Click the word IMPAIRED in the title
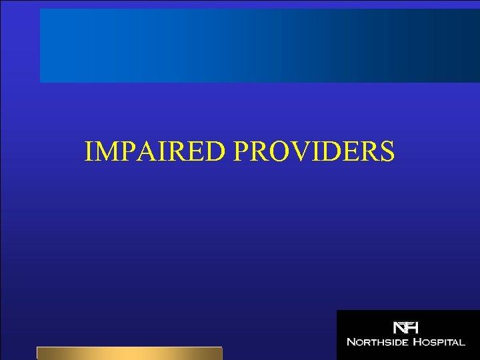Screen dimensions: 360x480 [157, 151]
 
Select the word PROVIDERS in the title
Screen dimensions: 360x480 [314, 151]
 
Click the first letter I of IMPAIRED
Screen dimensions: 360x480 [89, 151]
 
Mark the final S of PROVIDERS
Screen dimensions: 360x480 [387, 151]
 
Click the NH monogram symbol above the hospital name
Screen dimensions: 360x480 [405, 327]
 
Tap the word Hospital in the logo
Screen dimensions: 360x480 [439, 342]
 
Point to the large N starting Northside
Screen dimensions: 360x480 [351, 342]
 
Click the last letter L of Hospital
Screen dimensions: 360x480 [461, 342]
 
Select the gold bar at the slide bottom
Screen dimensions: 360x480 [129, 353]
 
